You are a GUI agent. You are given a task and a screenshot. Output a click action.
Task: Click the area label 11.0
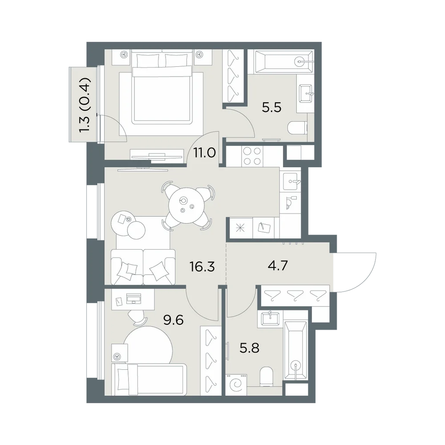click(204, 153)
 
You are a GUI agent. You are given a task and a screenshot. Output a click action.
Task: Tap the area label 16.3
click(202, 267)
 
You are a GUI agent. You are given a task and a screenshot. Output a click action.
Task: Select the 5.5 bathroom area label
click(271, 108)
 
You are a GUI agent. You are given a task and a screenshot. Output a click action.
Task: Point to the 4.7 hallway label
click(278, 266)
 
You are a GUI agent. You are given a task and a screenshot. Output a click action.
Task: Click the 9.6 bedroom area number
click(174, 320)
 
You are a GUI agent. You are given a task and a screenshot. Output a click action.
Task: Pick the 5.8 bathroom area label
click(250, 348)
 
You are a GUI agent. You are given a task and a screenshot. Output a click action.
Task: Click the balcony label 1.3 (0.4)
click(85, 105)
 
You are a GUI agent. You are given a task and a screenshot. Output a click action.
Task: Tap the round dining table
click(186, 206)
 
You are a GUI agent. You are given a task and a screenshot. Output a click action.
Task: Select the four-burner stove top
click(252, 156)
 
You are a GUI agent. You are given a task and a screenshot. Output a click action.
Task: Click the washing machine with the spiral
click(236, 384)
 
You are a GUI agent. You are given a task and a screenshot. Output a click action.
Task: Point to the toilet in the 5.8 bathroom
click(266, 376)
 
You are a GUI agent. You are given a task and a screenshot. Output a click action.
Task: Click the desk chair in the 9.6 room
click(138, 317)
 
